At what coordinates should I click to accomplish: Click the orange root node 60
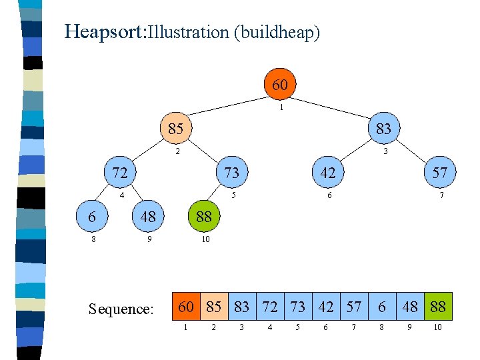[x=280, y=85]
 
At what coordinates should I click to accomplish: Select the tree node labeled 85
[x=175, y=128]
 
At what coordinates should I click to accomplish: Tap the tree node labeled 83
[x=383, y=128]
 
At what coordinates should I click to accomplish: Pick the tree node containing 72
[x=119, y=173]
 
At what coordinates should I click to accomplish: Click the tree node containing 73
[x=231, y=173]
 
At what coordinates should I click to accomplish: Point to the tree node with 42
[x=327, y=173]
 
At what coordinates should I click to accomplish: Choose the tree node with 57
[x=439, y=173]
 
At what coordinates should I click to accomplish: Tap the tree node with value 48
[x=147, y=217]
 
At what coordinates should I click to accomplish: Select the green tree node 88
[x=204, y=217]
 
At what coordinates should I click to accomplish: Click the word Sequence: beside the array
[x=121, y=309]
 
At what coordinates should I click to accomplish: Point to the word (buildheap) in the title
[x=277, y=33]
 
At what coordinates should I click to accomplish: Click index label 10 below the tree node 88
[x=205, y=239]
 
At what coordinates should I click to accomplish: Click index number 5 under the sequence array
[x=298, y=328]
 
